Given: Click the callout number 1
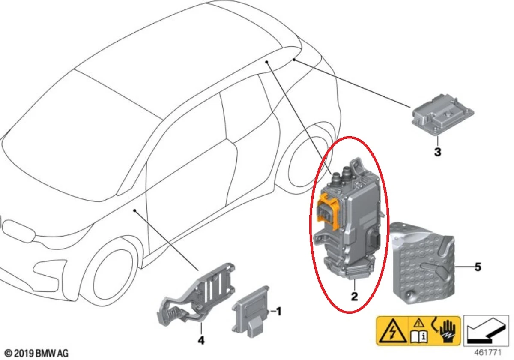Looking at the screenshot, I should pos(278,312).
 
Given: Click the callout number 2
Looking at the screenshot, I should pos(354,297).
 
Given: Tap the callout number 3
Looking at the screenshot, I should pos(437,152).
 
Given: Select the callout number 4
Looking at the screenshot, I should pos(201,341).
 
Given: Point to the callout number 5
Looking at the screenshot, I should pos(478,267).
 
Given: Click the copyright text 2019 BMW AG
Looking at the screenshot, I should pos(36,354).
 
